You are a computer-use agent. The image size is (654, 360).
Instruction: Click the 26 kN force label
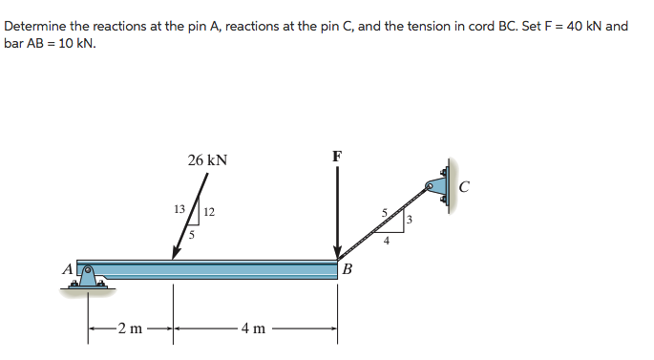207,160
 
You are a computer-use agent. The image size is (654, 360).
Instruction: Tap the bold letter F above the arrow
337,156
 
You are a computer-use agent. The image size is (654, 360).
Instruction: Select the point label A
68,270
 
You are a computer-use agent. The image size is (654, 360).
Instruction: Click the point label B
347,270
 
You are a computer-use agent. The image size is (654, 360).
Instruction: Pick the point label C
463,186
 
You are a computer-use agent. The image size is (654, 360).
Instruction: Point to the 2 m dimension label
130,330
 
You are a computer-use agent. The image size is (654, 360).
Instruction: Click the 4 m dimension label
253,330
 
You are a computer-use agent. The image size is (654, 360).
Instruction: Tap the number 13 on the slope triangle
178,209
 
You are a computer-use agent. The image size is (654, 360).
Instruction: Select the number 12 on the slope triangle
208,211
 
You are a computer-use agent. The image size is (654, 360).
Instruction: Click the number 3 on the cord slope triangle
408,221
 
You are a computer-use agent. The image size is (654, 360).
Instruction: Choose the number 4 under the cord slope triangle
386,241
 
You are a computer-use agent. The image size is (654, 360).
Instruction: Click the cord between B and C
382,222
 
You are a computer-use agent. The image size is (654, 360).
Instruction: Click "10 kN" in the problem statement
75,44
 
